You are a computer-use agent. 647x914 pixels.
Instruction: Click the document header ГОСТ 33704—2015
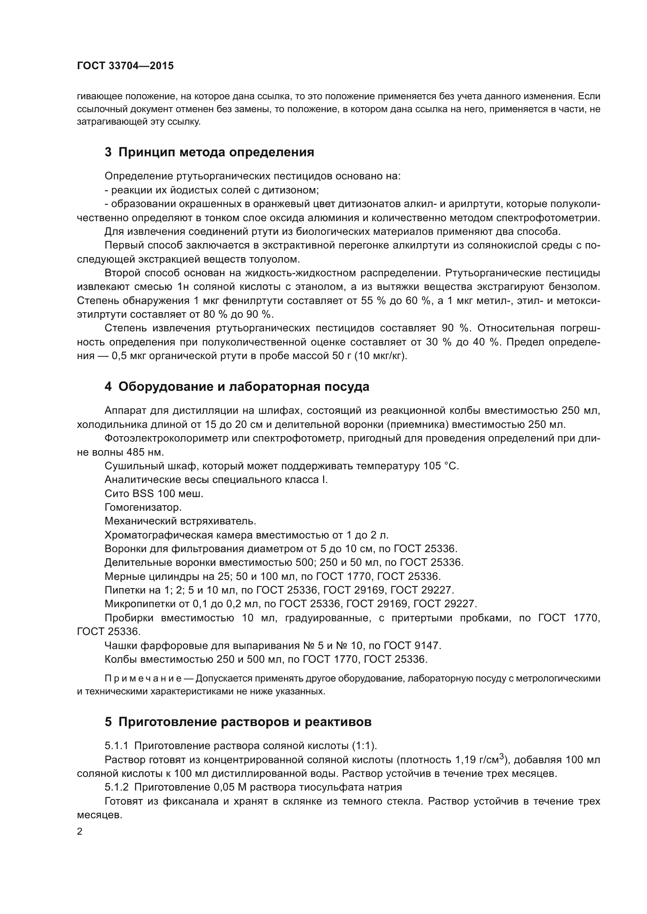pos(125,66)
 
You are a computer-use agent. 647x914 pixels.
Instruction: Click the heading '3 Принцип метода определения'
pos(209,152)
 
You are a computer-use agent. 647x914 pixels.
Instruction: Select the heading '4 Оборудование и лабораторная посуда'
pos(237,386)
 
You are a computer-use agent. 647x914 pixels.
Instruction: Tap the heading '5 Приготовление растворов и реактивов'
pos(238,722)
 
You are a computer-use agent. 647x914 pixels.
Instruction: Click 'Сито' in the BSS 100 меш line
pos(116,494)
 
